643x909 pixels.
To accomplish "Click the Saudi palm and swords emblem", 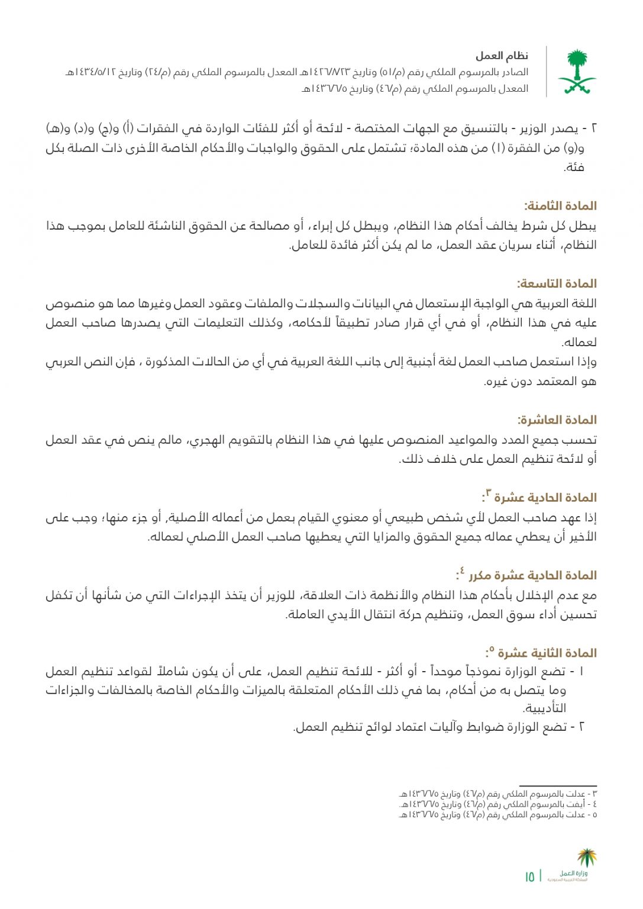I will coord(576,72).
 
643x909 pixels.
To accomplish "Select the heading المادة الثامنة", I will coord(560,206).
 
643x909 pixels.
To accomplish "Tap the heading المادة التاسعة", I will coord(556,283).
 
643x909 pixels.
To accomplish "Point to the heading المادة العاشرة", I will coord(557,420).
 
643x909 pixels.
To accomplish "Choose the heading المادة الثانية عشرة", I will coord(547,653).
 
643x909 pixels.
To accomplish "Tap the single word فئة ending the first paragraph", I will coord(574,167).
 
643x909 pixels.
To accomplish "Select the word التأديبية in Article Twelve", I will coord(545,708).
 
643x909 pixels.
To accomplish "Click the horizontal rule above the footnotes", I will coord(557,785).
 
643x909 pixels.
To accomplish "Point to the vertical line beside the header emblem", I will coord(546,72).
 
